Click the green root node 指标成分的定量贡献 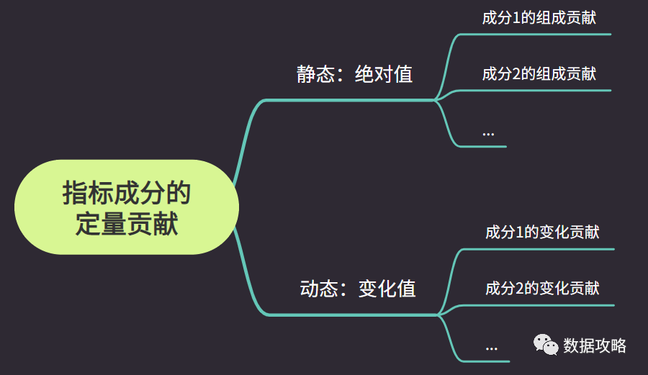[126, 207]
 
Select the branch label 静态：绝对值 [354, 74]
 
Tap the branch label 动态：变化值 [357, 289]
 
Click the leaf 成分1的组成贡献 [539, 18]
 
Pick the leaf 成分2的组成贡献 [539, 73]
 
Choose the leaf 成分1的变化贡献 [542, 232]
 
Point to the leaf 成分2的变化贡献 [542, 289]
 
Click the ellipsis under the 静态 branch [488, 132]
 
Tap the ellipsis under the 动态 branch [491, 347]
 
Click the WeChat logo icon [546, 345]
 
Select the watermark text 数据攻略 [595, 345]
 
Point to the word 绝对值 [384, 74]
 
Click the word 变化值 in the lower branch [387, 289]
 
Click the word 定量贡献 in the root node [127, 225]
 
